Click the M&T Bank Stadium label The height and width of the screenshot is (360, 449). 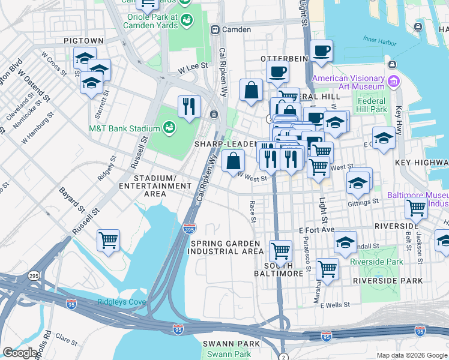click(x=124, y=128)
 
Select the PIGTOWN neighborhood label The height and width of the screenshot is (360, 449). click(x=84, y=40)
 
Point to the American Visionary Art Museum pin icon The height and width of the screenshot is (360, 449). click(x=394, y=82)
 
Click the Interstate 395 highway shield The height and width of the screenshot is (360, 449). click(x=188, y=227)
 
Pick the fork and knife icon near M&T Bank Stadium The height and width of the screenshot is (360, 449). click(x=189, y=106)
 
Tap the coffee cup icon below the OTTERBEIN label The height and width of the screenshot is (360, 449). click(x=277, y=73)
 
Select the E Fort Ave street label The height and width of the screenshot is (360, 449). click(x=316, y=230)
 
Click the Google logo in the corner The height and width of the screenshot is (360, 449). click(x=20, y=353)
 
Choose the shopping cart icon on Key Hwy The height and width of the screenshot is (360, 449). click(x=415, y=208)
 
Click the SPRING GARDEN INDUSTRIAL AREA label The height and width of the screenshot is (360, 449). click(x=225, y=247)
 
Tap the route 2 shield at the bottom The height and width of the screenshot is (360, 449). click(x=283, y=356)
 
